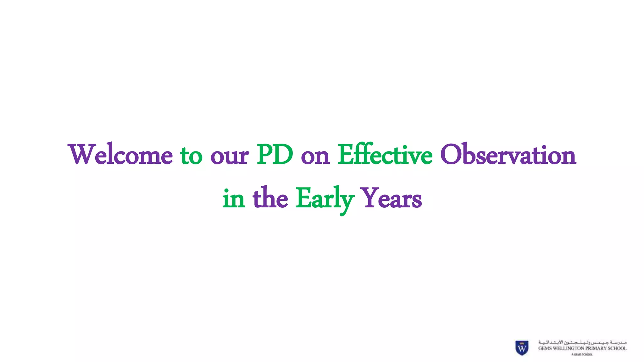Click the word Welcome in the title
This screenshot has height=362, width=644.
click(120, 155)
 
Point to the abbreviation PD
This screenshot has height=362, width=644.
click(275, 155)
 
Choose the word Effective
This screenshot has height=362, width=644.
click(385, 155)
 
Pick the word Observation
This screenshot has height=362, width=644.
click(508, 155)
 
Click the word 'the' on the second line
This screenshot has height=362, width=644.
click(270, 198)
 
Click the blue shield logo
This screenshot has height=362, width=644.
click(522, 348)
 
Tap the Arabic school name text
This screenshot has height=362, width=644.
click(582, 342)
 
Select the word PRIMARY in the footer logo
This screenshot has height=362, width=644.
click(596, 348)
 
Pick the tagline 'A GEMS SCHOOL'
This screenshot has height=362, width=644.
click(582, 354)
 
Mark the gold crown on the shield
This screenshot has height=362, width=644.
click(522, 343)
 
